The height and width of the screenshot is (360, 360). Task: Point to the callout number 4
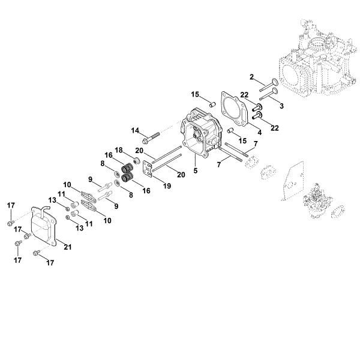(259, 132)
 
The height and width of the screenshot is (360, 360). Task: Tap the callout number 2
(253, 76)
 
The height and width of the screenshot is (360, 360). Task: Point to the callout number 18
(119, 149)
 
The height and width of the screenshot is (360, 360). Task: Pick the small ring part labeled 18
(137, 162)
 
